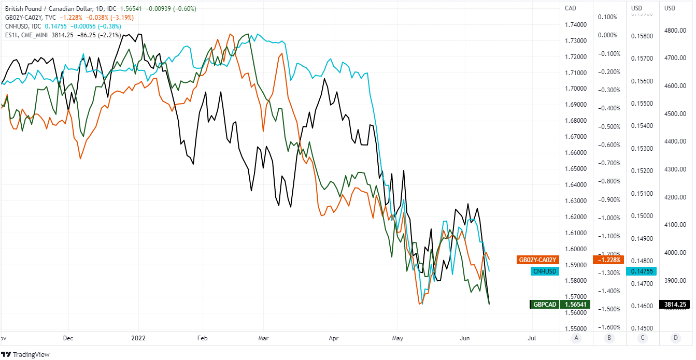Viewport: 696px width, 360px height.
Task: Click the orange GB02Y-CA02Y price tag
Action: click(x=537, y=260)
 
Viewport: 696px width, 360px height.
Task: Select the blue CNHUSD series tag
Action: click(x=545, y=271)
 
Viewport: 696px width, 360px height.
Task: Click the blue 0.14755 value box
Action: click(x=642, y=271)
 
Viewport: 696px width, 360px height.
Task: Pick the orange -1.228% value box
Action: click(x=608, y=260)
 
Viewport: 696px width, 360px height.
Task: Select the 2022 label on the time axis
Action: click(x=138, y=338)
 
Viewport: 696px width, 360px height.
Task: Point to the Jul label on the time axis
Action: click(x=532, y=338)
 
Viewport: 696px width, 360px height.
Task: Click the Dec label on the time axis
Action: click(x=68, y=338)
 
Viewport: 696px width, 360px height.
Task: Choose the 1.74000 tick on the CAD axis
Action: click(x=576, y=25)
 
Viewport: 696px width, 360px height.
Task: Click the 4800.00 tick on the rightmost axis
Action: click(x=675, y=31)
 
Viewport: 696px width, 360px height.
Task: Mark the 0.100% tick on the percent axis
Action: click(x=607, y=17)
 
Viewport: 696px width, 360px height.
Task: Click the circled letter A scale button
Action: click(x=576, y=338)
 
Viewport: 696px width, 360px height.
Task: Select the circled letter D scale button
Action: click(x=675, y=338)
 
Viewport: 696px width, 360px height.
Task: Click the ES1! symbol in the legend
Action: click(x=9, y=35)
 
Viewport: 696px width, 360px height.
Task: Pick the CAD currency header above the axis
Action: click(x=571, y=8)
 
